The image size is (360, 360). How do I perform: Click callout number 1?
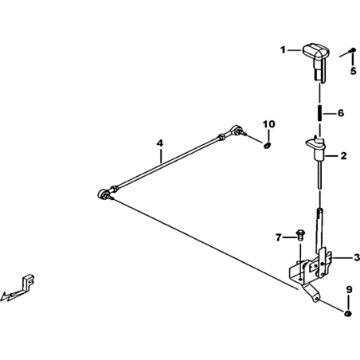tap(284, 49)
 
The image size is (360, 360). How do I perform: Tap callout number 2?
tap(343, 156)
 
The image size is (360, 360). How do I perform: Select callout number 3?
tap(357, 257)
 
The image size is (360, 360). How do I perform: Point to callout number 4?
tap(159, 143)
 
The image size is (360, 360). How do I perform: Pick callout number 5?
tap(353, 71)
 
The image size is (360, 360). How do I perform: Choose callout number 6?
tap(341, 113)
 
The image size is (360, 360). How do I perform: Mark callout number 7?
tap(278, 237)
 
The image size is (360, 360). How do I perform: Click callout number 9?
tap(349, 289)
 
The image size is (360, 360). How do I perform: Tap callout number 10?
tap(269, 124)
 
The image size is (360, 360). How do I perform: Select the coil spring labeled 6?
tap(320, 113)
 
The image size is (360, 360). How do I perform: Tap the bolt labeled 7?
tap(300, 235)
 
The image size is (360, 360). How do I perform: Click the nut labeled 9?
tap(348, 314)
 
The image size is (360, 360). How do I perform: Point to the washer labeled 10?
tap(267, 145)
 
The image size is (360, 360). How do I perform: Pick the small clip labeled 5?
tap(353, 49)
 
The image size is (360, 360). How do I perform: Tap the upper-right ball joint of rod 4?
tap(236, 130)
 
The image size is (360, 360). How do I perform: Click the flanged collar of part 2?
tap(315, 143)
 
